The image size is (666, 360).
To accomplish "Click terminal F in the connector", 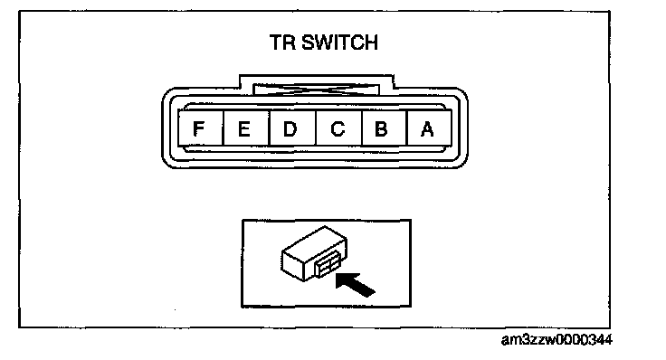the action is [x=200, y=128].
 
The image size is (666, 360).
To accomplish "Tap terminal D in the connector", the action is [x=292, y=128].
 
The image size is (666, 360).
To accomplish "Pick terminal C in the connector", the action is [x=339, y=128].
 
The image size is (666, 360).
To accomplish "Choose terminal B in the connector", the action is [x=385, y=128].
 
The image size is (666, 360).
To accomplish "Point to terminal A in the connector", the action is [x=429, y=128].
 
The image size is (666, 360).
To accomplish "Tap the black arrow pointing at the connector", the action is [x=355, y=284].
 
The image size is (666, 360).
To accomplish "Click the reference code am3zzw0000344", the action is [x=557, y=340].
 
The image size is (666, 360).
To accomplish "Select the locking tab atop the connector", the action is [x=317, y=84].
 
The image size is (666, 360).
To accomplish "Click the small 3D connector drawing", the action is [x=314, y=254].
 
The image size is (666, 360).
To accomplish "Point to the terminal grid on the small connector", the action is [x=328, y=268].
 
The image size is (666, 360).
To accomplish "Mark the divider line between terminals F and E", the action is [x=223, y=128].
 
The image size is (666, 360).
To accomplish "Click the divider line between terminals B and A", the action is [x=407, y=128].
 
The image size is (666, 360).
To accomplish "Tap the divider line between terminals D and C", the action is [x=316, y=128].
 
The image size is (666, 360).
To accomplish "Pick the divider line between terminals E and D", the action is [x=270, y=128].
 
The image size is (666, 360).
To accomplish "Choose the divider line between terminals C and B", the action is [x=362, y=128].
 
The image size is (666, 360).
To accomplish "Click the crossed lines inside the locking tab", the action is [x=317, y=90].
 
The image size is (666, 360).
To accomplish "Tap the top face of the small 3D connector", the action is [x=314, y=241].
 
